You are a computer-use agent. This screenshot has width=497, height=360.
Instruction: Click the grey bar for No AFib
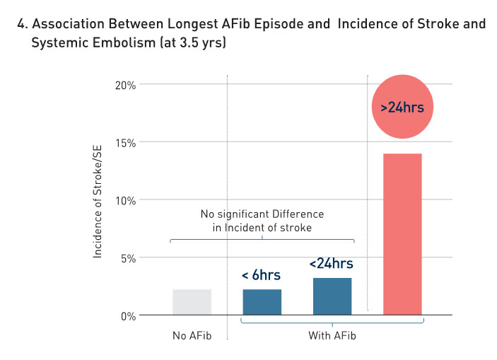tap(192, 302)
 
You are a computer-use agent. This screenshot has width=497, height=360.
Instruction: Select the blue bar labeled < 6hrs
tap(262, 302)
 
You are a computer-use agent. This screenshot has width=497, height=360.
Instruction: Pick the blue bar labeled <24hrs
tap(332, 296)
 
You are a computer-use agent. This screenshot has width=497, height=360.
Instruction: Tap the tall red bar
tap(402, 233)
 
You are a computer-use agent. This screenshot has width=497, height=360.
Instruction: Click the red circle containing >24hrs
tap(402, 108)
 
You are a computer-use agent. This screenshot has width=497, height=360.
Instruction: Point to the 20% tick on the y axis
tap(127, 85)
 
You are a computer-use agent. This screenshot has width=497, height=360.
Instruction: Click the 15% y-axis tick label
tap(127, 142)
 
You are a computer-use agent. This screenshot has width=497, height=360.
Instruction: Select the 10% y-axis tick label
tap(127, 200)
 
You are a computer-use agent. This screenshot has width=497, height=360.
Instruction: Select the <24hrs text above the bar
tap(331, 264)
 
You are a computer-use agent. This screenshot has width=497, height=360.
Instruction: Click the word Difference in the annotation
tap(296, 214)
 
